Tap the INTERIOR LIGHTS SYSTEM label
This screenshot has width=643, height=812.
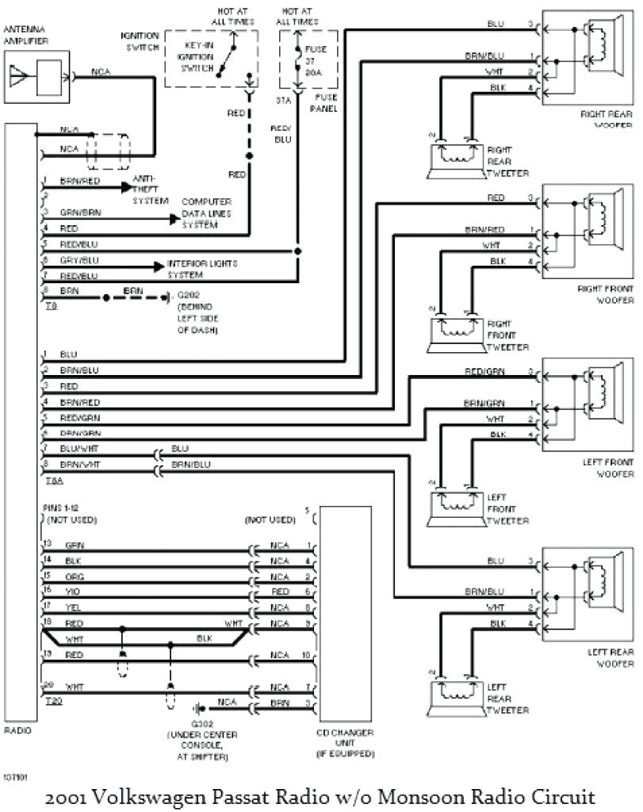(x=202, y=269)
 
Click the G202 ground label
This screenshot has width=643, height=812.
(x=195, y=312)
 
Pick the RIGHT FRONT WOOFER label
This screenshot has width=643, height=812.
(x=605, y=295)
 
